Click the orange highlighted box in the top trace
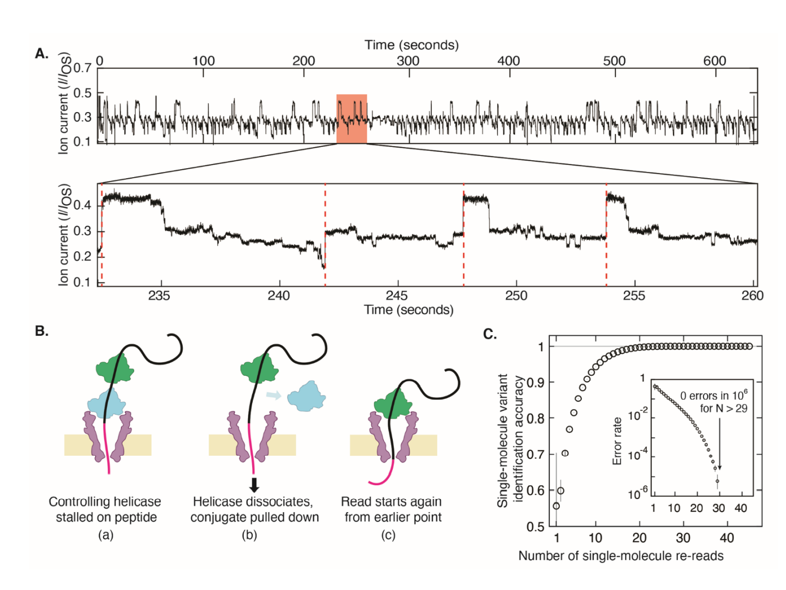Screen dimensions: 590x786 tap(352, 118)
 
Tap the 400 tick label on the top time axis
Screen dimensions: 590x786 tap(508, 61)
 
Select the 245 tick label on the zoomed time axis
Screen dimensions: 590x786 tap(396, 296)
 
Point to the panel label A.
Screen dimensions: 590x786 tap(42, 53)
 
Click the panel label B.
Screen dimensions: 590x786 tap(42, 331)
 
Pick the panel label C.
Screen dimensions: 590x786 tap(490, 334)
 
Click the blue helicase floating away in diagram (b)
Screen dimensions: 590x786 tap(306, 395)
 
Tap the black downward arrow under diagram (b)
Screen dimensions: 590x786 tap(254, 484)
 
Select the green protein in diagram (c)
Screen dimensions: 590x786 tap(393, 404)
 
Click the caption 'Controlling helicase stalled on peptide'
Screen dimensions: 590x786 tap(105, 509)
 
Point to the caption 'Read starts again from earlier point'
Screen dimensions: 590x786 tap(391, 509)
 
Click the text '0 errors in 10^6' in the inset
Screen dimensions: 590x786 tap(713, 395)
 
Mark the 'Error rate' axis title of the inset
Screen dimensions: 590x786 tap(617, 441)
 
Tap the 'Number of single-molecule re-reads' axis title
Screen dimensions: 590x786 tap(621, 556)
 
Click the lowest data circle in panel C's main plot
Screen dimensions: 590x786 tap(556, 506)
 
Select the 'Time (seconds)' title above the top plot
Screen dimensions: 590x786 tap(411, 45)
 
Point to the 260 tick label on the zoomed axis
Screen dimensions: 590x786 tap(752, 296)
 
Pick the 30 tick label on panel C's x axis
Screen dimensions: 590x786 tap(683, 538)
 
